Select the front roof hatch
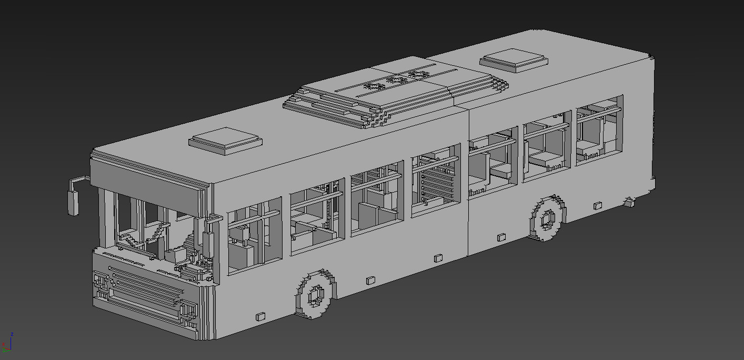pos(225,140)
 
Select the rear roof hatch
pos(514,59)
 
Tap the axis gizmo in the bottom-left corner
pos(7,343)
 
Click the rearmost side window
pos(599,131)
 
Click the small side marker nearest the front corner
pos(260,316)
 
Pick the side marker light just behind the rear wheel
pos(597,206)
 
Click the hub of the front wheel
pos(316,296)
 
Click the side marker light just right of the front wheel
pos(370,279)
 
